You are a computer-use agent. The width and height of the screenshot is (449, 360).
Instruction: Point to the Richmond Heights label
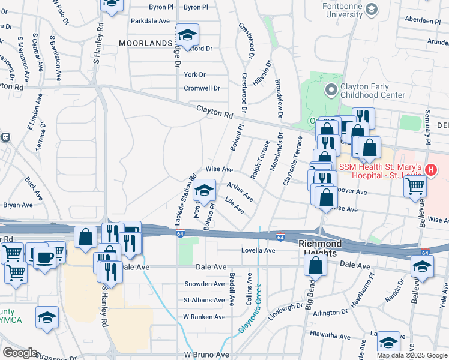[x=321, y=244]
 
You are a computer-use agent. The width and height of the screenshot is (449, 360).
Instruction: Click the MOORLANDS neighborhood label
[x=146, y=43]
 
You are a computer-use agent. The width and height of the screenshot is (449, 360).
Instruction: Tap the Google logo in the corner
[x=19, y=353]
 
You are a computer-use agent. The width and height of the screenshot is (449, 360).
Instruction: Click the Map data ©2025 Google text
[x=411, y=355]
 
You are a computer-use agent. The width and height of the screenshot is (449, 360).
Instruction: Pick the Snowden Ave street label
[x=204, y=284]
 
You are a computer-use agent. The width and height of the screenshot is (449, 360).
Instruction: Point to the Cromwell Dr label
[x=202, y=88]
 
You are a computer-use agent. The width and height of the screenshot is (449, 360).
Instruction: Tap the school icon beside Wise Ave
[x=205, y=191]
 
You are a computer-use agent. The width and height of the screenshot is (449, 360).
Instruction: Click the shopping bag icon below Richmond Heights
[x=315, y=265]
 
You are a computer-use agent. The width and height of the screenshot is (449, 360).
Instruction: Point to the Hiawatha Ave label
[x=329, y=334]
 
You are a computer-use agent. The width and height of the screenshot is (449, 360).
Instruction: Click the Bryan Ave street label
[x=19, y=205]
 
